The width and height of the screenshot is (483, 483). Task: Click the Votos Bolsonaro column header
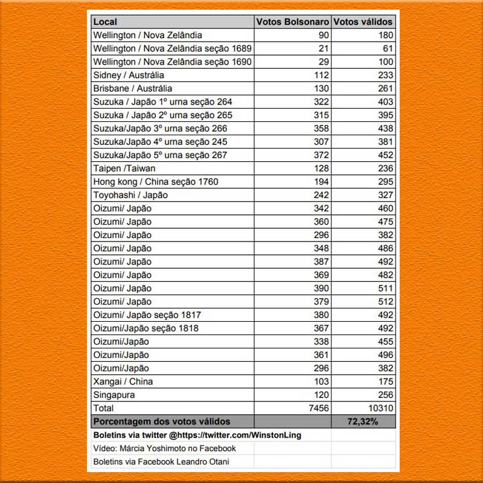click(x=293, y=22)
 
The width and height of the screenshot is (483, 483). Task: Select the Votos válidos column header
click(x=363, y=22)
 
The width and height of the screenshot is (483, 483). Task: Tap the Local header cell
click(x=105, y=22)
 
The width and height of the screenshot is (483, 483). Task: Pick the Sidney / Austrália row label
click(x=129, y=75)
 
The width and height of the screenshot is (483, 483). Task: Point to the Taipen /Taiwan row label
click(x=124, y=168)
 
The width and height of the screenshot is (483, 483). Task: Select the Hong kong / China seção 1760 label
click(x=156, y=182)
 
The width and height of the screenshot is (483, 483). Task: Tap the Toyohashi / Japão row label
click(x=130, y=195)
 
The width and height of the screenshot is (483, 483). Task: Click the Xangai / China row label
click(x=123, y=382)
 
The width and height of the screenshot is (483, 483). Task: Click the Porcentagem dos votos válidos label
click(x=162, y=421)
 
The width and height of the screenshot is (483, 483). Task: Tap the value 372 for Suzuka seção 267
click(x=321, y=155)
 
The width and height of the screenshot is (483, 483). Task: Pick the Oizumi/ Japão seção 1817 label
click(x=147, y=315)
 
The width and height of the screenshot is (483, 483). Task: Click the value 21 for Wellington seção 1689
click(x=324, y=49)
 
